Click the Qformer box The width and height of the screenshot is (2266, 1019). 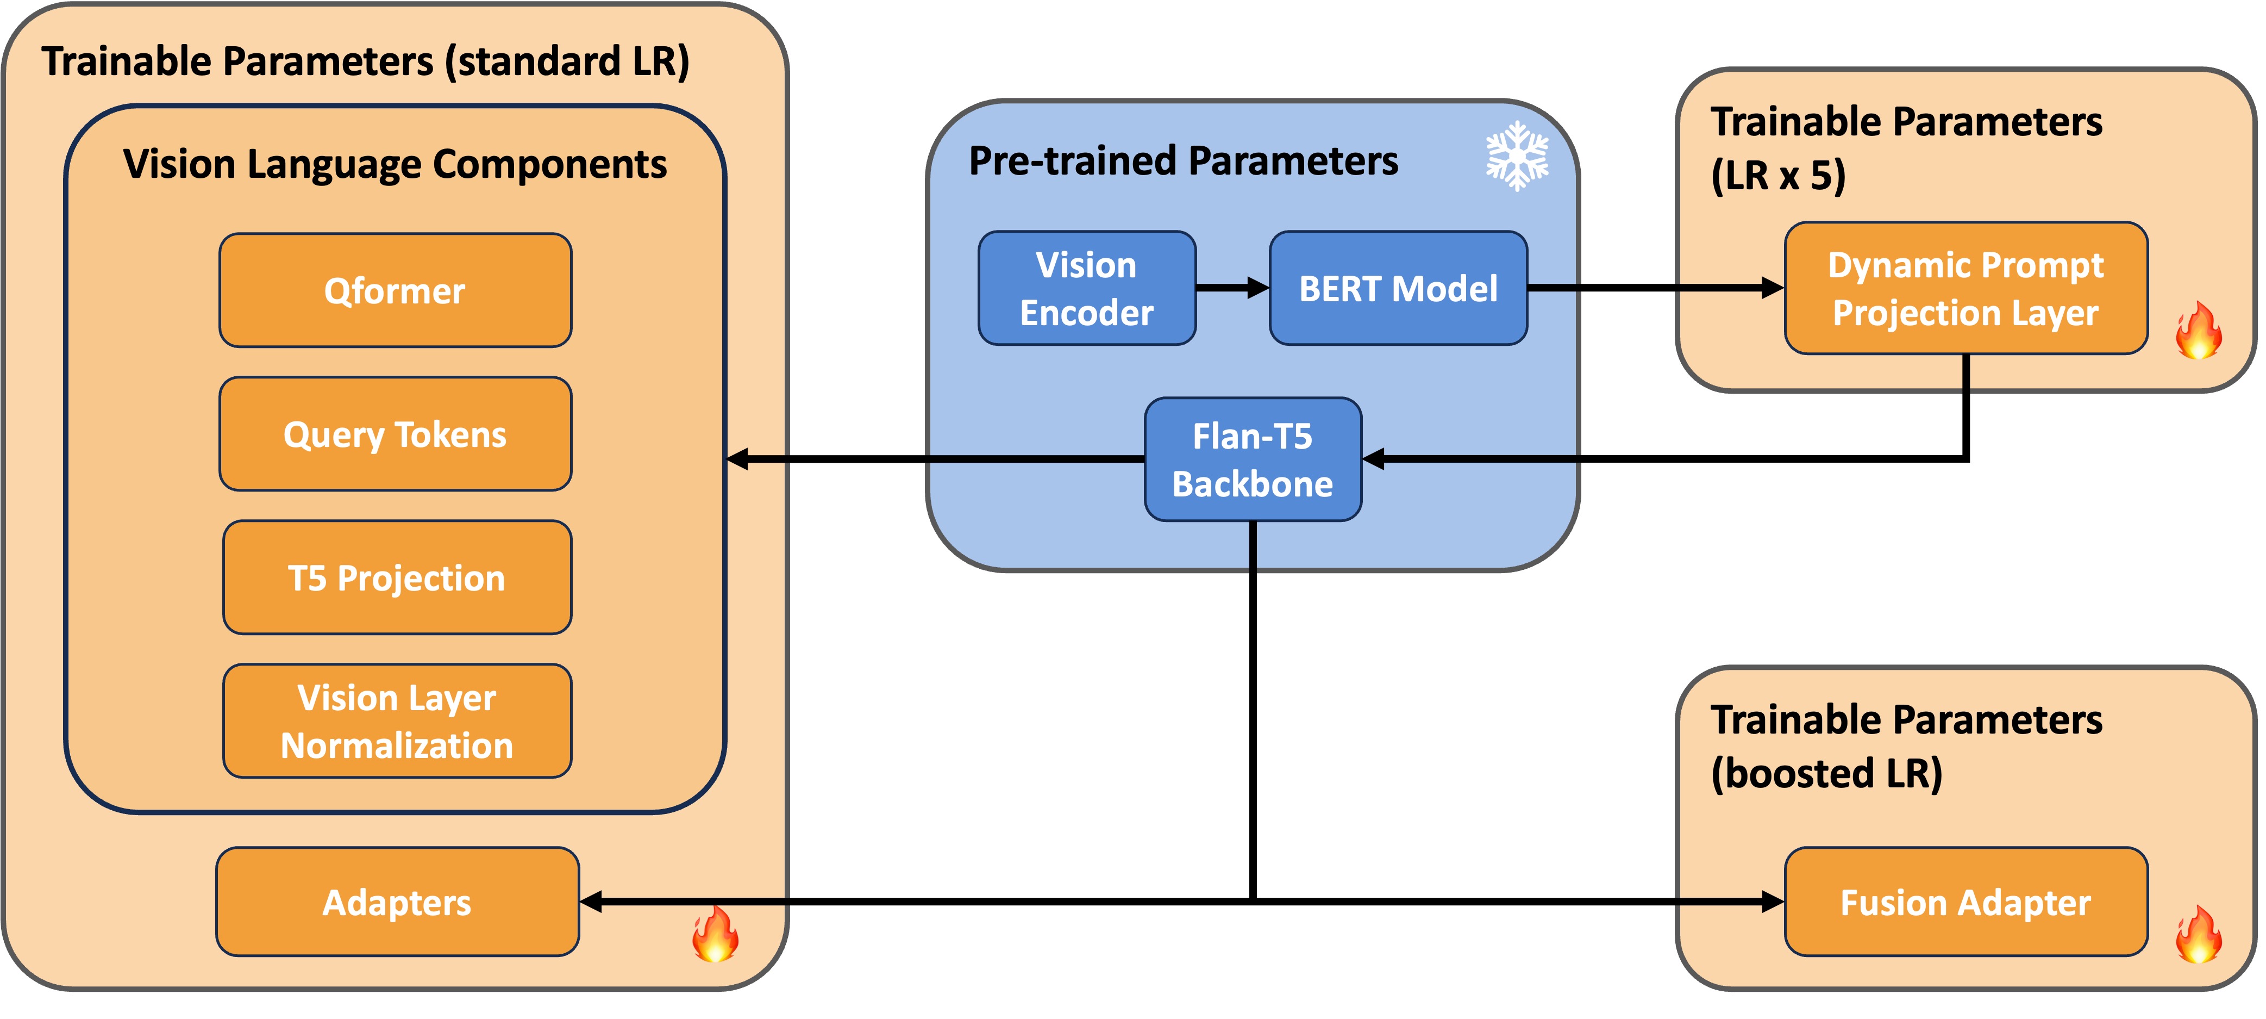point(395,290)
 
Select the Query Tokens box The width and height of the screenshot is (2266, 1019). point(395,434)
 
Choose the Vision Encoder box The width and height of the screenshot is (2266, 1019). point(1086,288)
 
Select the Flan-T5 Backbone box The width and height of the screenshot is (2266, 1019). point(1253,459)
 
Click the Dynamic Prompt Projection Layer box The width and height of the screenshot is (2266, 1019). point(1966,288)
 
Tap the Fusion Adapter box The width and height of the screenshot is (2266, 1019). point(1966,902)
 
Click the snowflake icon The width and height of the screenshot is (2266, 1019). point(1517,156)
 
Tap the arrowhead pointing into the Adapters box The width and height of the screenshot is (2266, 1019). point(591,902)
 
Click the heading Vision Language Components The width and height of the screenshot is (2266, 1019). point(395,165)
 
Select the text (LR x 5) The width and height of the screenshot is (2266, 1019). point(1778,175)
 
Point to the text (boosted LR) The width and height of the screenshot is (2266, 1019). point(1826,773)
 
